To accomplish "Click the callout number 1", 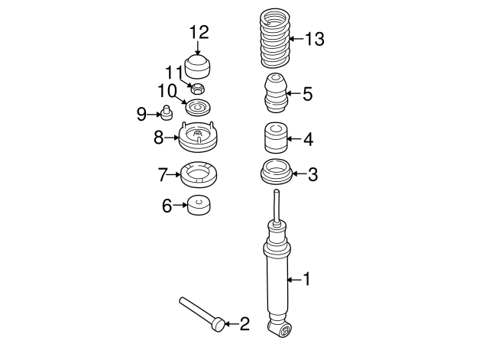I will coord(306,280).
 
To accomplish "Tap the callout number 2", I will coord(244,325).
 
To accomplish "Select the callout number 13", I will coord(315,37).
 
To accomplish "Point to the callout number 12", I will coord(199,32).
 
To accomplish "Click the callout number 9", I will coord(141,115).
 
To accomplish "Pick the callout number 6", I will coord(167,205).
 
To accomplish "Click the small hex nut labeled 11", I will coord(198,89).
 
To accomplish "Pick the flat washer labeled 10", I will coord(198,106).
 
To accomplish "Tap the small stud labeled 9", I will coord(164,115).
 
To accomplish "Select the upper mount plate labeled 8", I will coord(198,138).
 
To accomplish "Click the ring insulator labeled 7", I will coord(199,175).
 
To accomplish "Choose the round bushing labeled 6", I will coord(199,206).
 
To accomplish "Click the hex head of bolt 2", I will coord(219,324).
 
